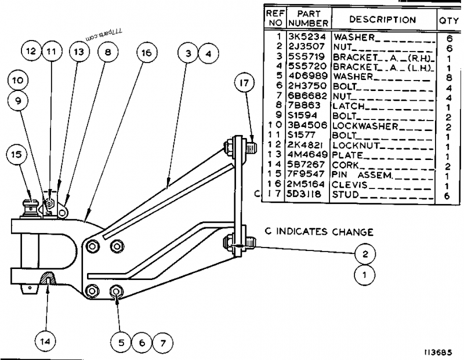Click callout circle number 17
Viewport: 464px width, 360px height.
click(244, 83)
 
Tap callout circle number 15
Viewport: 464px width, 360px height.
click(17, 155)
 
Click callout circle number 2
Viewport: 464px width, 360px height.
click(365, 253)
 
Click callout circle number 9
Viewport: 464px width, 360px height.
click(17, 100)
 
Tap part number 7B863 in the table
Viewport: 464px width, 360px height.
click(306, 106)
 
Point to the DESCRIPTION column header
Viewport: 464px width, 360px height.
click(383, 20)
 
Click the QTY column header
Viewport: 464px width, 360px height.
click(448, 20)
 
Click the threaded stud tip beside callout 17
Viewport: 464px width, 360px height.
click(252, 146)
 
